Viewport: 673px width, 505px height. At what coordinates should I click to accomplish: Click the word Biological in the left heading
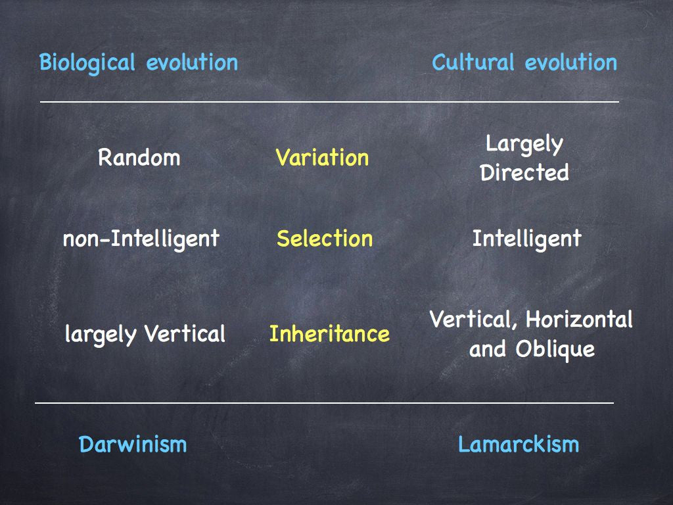[x=87, y=63]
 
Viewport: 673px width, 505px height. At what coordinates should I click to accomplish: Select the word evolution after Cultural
[x=571, y=62]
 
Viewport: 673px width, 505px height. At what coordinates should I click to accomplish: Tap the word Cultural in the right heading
[x=473, y=62]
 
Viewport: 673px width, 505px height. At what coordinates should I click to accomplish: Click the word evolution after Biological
[x=192, y=62]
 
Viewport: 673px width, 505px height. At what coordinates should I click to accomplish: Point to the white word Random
[x=139, y=157]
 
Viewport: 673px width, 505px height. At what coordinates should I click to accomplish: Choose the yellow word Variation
[x=322, y=157]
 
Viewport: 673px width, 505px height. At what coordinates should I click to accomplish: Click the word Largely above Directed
[x=524, y=144]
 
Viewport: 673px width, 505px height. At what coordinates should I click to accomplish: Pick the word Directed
[x=524, y=172]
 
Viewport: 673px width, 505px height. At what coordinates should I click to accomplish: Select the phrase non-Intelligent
[x=141, y=239]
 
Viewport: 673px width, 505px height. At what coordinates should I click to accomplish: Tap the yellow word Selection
[x=325, y=238]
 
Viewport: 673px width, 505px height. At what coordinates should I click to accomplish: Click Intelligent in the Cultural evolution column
[x=526, y=239]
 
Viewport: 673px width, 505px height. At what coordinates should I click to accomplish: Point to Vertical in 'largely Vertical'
[x=185, y=333]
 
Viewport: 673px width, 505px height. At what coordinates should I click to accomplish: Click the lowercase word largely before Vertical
[x=101, y=335]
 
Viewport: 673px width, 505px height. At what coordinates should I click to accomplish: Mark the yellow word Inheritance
[x=329, y=333]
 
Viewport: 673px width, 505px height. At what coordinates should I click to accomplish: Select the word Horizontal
[x=579, y=319]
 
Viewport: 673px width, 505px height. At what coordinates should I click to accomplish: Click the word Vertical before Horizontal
[x=473, y=320]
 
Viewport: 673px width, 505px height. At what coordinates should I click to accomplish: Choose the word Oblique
[x=555, y=350]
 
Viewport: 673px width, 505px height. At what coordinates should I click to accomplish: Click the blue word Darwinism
[x=133, y=444]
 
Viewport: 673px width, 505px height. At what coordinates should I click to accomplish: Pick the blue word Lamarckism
[x=519, y=444]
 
